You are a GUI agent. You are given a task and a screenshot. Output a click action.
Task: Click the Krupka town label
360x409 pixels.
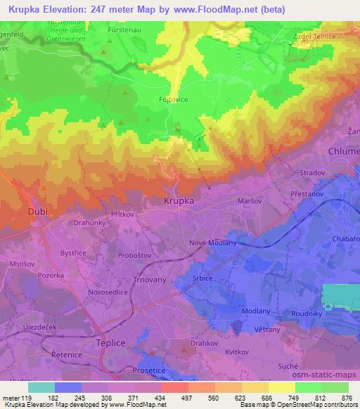coord(179,200)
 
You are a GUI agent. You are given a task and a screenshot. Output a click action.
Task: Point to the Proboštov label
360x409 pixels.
coord(134,254)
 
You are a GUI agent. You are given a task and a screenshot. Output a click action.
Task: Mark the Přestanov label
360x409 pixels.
coord(306,192)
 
